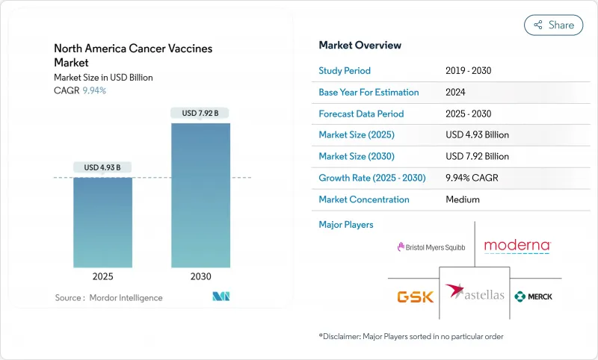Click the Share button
553,25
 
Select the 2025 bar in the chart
102,223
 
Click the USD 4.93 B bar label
102,167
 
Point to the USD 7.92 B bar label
200,113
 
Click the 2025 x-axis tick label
102,276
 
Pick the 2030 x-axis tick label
200,276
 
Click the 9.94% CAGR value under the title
93,90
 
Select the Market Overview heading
360,45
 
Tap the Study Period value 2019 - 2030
469,71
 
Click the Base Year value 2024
456,93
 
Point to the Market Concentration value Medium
462,199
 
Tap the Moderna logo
517,245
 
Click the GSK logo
415,297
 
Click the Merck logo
534,297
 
